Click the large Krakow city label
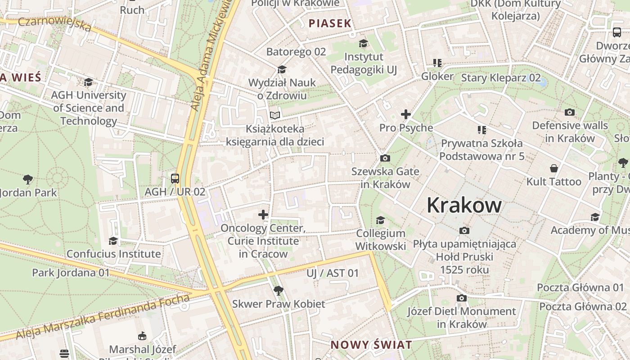(x=464, y=205)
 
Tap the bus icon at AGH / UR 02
(x=175, y=178)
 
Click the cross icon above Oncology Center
(x=263, y=215)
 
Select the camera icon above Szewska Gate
(x=385, y=158)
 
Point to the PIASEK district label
(x=330, y=23)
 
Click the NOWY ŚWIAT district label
(x=371, y=345)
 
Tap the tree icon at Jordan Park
(x=28, y=180)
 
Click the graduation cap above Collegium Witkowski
(x=380, y=220)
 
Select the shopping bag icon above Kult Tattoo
(x=554, y=168)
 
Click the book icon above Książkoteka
(x=275, y=115)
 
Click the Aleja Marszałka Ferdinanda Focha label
(x=103, y=317)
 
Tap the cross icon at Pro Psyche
(x=406, y=114)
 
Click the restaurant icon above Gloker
(x=437, y=63)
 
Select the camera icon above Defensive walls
(x=570, y=112)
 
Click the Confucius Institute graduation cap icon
(x=113, y=241)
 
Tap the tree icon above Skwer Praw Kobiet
(x=279, y=291)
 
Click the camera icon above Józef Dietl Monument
(x=461, y=298)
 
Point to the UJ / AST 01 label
(x=333, y=273)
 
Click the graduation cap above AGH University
(x=89, y=82)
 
